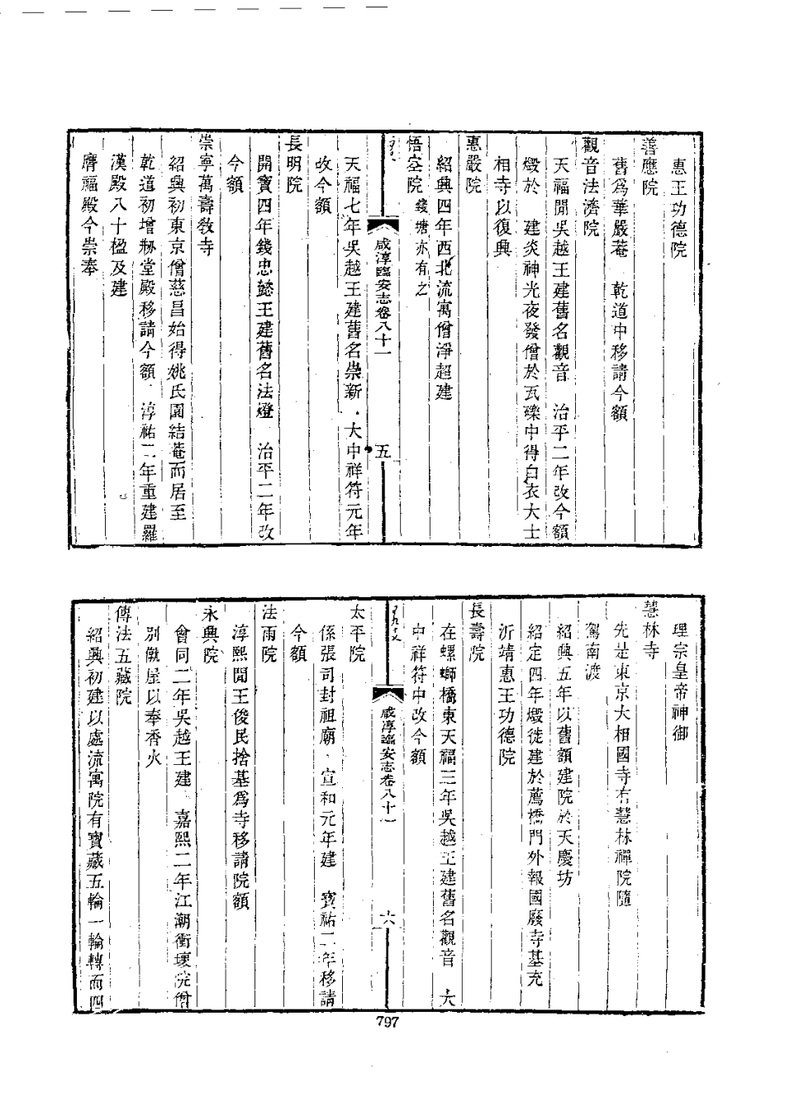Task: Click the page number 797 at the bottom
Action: point(388,1023)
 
